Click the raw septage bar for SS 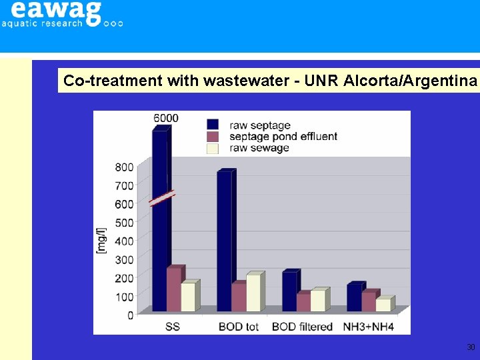point(159,253)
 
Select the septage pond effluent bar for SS point(174,290)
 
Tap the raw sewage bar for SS point(189,297)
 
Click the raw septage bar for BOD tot point(224,240)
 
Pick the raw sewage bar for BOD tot point(253,293)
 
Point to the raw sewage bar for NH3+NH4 point(383,305)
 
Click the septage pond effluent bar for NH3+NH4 point(369,301)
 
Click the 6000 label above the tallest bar point(166,118)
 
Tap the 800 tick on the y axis point(125,167)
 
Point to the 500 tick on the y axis point(125,222)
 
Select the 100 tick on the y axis point(125,296)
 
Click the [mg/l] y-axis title point(102,241)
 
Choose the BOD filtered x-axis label point(302,327)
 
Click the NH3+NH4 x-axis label point(369,327)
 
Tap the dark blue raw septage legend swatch point(213,124)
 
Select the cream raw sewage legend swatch point(213,148)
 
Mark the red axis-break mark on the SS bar point(162,197)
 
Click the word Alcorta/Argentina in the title point(411,81)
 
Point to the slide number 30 point(471,347)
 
